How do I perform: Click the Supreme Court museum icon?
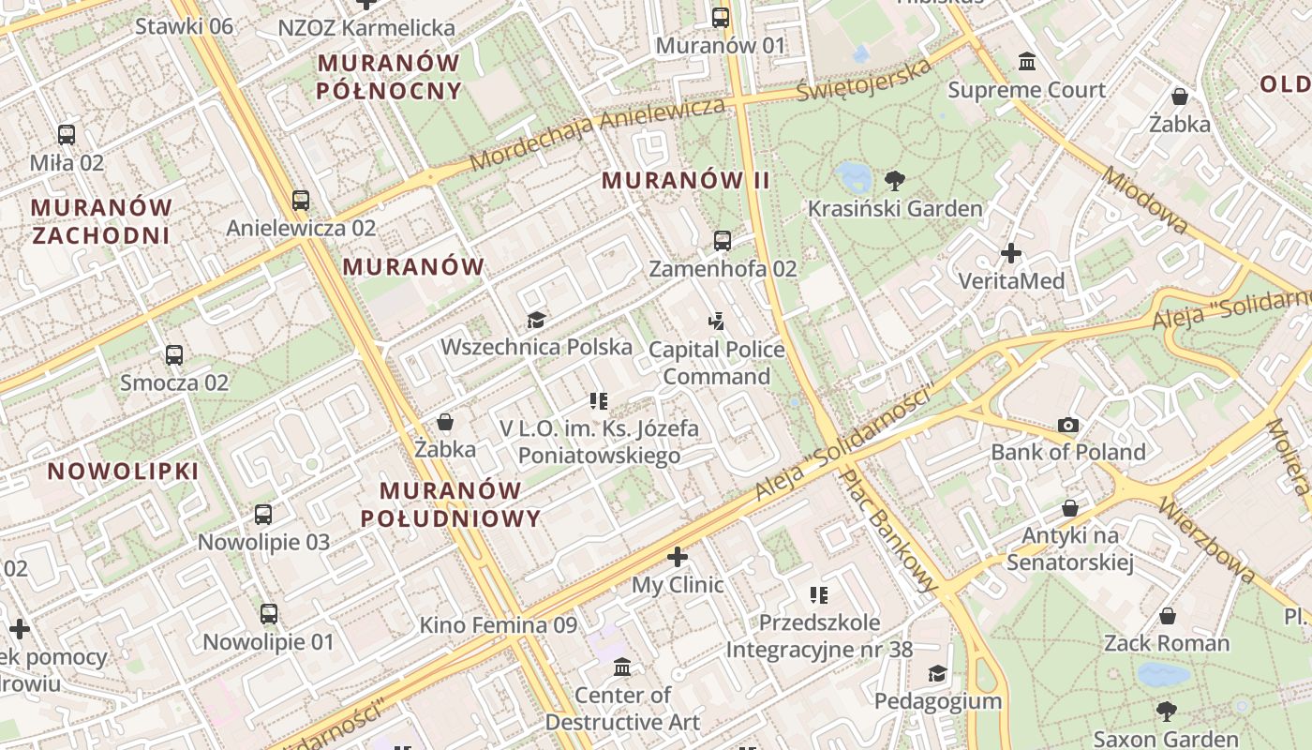(1027, 62)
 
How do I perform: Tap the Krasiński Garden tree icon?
(895, 180)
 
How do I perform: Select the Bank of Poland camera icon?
(1068, 425)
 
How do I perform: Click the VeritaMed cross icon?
(1011, 253)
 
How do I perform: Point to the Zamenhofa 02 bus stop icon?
(722, 241)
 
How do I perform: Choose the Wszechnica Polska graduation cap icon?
(536, 320)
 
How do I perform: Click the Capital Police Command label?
(717, 363)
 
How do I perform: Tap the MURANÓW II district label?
(686, 180)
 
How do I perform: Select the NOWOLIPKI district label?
(124, 472)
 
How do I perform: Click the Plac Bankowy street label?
(887, 532)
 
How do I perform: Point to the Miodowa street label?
(1144, 201)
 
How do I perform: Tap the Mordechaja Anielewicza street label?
(597, 133)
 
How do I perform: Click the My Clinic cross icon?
(677, 558)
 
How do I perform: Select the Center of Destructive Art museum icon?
(621, 667)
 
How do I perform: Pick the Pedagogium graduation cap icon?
(937, 673)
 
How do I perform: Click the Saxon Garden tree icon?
(1166, 711)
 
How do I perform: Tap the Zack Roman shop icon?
(1167, 616)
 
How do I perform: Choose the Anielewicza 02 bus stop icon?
(300, 200)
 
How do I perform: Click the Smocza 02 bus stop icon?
(174, 355)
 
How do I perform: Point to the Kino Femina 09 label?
(498, 624)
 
